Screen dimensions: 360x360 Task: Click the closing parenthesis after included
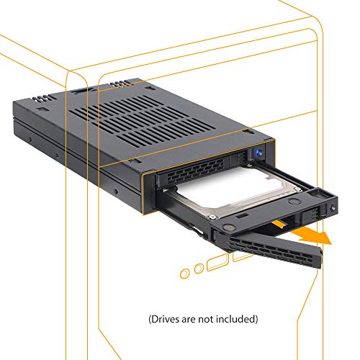click(x=256, y=318)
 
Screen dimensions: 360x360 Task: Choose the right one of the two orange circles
click(x=197, y=269)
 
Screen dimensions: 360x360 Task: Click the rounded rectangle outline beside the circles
click(x=217, y=263)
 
